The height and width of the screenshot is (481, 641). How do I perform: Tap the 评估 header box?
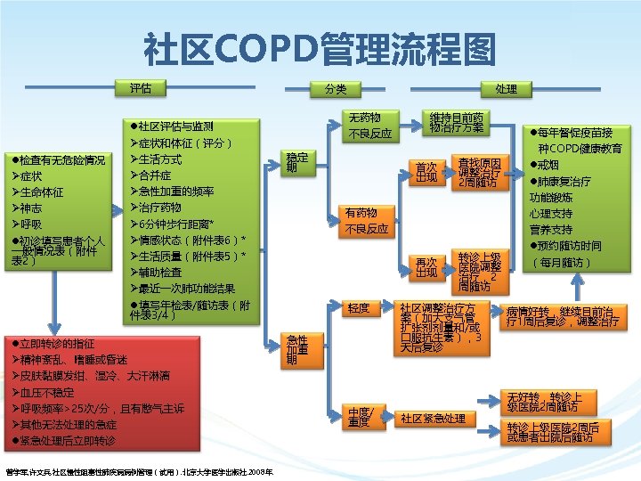pos(141,89)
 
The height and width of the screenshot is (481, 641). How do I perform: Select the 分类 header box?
pos(336,89)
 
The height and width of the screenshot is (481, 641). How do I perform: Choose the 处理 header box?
pos(507,89)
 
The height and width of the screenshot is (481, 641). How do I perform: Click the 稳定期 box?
pos(296,163)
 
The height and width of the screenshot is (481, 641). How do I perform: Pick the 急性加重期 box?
pos(296,350)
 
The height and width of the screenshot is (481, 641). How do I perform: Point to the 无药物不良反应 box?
pos(369,126)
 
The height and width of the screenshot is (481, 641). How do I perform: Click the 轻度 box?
pos(360,308)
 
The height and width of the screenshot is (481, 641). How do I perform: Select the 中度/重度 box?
pos(360,417)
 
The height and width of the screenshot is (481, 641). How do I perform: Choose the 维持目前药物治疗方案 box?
pos(456,124)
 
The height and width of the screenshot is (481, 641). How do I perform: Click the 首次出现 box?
pos(426,172)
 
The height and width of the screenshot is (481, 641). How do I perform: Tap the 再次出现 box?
pos(426,266)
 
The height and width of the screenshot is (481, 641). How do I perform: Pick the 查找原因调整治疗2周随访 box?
pos(483,172)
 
